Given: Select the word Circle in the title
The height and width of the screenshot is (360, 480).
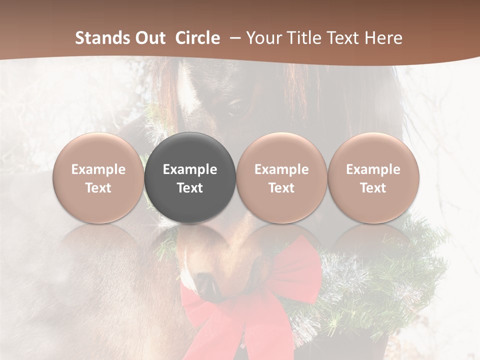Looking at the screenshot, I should coord(197,38).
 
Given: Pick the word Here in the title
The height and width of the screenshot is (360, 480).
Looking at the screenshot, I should coord(384,38).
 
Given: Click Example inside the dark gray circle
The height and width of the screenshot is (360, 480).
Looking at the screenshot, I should coord(190,169).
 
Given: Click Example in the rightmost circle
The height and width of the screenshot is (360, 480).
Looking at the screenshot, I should coord(373,169).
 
